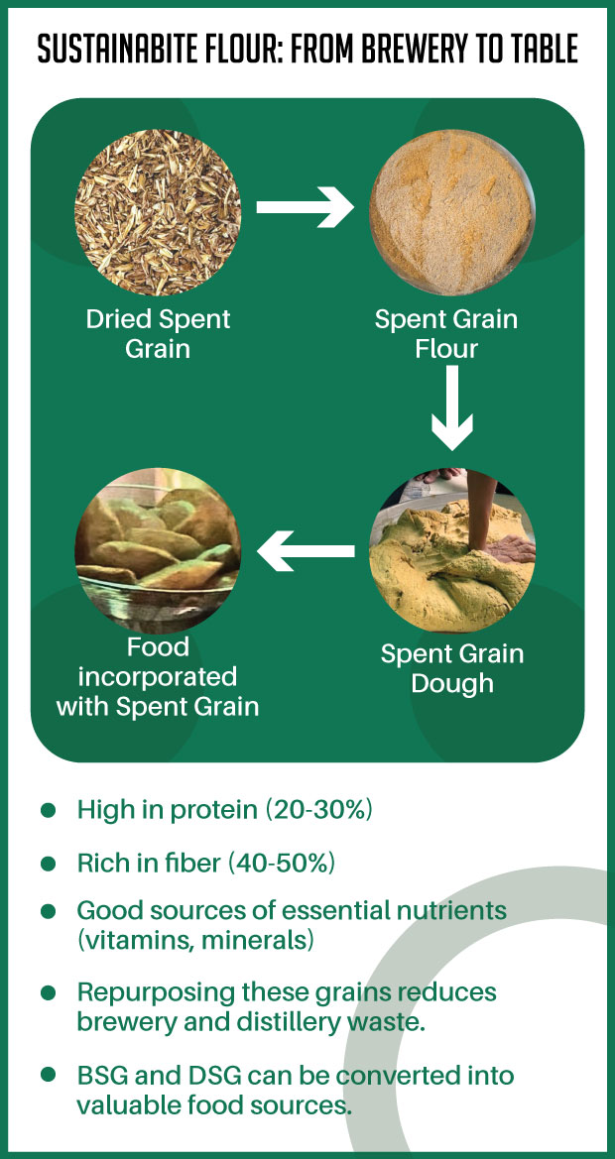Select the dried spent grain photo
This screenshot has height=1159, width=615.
[x=158, y=213]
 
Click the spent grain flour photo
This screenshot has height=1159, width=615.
[x=452, y=213]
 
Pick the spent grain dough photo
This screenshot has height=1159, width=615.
[x=452, y=550]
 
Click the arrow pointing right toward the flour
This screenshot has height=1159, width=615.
[x=306, y=206]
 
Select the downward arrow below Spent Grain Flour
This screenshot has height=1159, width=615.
[x=452, y=407]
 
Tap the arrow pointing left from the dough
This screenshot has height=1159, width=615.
[x=306, y=550]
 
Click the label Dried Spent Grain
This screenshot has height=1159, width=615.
[x=158, y=333]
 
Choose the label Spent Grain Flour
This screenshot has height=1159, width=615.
[x=446, y=333]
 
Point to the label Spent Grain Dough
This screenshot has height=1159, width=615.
[x=452, y=668]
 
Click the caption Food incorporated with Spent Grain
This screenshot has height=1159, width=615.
[x=158, y=676]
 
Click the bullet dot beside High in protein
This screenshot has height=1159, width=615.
[x=49, y=811]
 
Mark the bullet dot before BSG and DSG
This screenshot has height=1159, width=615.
[x=49, y=1076]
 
